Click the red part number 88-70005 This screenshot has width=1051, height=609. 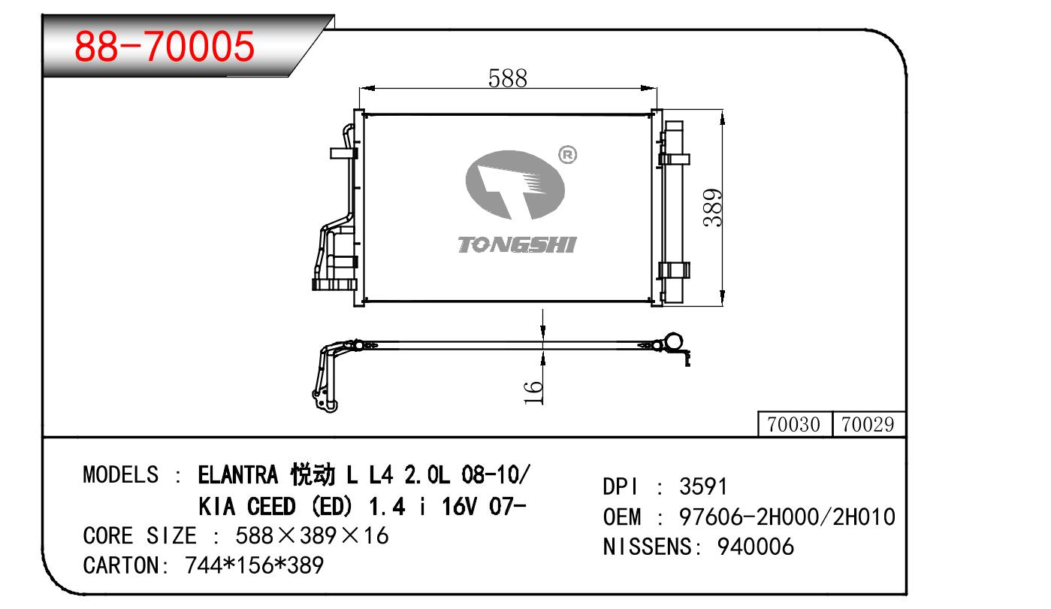(165, 46)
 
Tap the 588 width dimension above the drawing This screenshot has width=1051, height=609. (508, 78)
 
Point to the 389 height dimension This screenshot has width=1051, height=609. (713, 208)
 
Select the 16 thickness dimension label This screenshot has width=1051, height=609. (533, 392)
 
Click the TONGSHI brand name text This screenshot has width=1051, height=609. (517, 244)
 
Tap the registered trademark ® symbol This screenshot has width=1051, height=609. (568, 155)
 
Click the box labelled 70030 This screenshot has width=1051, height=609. (794, 425)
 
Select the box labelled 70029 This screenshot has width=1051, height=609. (868, 425)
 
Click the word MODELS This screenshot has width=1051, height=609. (121, 474)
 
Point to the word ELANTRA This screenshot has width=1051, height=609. (238, 474)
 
